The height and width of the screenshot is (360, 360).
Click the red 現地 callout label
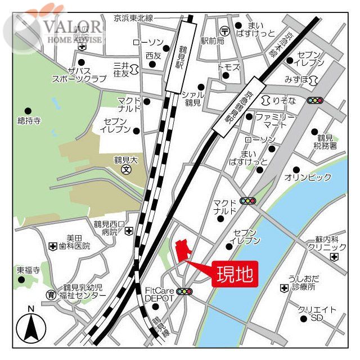235,275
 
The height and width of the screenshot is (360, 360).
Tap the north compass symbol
31,327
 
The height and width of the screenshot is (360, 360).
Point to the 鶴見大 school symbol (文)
127,169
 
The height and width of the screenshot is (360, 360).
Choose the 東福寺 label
29,270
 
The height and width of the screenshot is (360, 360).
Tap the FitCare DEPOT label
160,294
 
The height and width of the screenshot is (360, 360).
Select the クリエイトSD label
317,314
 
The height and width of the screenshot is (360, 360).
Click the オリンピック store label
308,177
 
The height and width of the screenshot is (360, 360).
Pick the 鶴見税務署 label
326,142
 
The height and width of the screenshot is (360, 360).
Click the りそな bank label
287,100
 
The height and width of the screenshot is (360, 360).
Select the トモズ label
228,67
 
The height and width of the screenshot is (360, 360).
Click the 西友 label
153,56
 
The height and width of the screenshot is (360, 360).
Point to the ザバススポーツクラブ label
79,74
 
